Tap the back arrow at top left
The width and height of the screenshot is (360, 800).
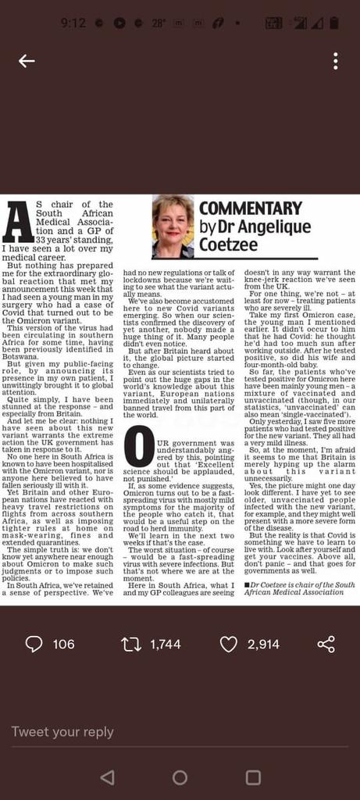point(27,61)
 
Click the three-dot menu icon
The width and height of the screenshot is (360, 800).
point(335,61)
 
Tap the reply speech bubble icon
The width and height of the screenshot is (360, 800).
point(34,644)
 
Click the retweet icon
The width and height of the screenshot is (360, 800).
point(131,644)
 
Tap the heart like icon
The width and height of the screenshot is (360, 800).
point(228,644)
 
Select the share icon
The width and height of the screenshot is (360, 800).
point(326,644)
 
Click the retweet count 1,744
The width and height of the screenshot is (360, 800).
point(166,644)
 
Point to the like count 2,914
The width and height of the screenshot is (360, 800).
point(263,644)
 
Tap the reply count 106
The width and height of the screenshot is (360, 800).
point(63,644)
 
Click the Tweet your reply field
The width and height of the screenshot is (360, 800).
point(62,732)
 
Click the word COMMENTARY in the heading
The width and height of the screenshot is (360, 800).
point(250,209)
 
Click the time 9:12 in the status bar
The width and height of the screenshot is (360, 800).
point(73,23)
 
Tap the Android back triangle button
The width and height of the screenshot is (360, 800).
point(108,777)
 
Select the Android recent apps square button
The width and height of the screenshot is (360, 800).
point(253,777)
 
